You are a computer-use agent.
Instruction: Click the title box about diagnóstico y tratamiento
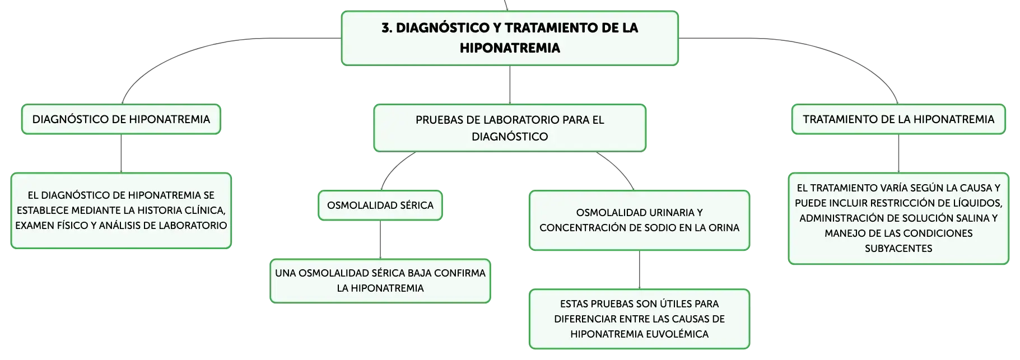tap(510, 38)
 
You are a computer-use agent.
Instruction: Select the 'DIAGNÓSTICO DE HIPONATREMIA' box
tap(121, 119)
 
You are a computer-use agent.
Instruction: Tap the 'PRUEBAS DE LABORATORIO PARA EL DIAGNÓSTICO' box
tap(510, 128)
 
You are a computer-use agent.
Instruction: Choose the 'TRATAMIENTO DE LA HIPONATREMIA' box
tap(898, 119)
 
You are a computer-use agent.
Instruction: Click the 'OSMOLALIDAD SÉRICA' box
tap(380, 205)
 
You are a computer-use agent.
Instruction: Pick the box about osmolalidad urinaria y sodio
tap(639, 220)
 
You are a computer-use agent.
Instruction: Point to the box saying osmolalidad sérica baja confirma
tap(380, 280)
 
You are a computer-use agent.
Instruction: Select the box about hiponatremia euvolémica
tap(639, 319)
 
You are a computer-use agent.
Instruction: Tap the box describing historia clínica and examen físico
tap(121, 211)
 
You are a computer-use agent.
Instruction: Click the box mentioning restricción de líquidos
tap(898, 218)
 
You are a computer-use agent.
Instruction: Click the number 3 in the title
tap(386, 28)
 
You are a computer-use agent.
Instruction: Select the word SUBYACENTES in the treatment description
tap(898, 249)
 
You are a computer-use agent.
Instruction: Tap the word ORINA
tap(724, 228)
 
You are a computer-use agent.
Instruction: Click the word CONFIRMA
tap(460, 273)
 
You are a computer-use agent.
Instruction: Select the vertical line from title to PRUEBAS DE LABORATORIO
tap(510, 85)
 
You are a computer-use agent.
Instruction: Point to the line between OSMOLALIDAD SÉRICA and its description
tap(380, 240)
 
